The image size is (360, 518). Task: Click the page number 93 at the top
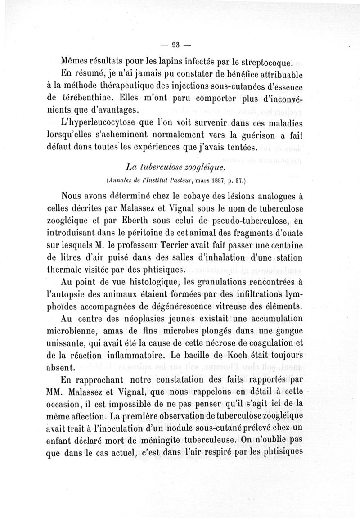[175, 44]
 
